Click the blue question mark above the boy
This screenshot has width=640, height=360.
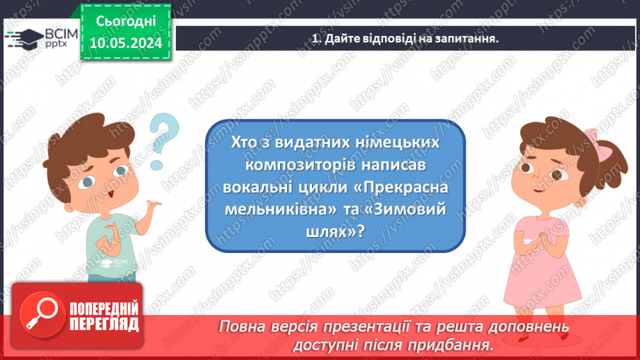(164, 136)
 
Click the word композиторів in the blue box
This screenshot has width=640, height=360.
(296, 166)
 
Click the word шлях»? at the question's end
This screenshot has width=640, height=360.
(336, 234)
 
